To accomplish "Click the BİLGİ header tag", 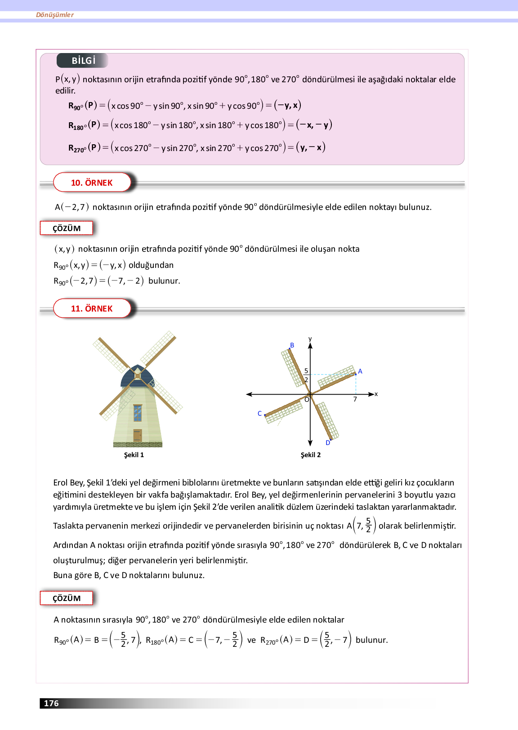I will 83,61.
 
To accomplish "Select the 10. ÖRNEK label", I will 92,182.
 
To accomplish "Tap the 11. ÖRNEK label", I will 92,308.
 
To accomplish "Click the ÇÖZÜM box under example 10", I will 67,228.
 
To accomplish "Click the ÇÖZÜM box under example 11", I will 67,598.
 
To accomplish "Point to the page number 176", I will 51,703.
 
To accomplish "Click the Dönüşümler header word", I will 55,15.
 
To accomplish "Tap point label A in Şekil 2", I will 360,372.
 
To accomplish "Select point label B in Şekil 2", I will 292,345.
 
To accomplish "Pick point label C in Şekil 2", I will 259,414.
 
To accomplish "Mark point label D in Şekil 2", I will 328,443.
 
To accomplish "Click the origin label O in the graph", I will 307,400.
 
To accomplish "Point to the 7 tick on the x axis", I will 355,399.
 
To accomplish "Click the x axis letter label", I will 376,394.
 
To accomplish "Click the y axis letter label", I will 310,339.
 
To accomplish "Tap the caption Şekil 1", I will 134,455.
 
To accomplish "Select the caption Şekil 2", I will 311,455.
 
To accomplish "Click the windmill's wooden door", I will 138,435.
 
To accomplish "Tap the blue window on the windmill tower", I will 138,413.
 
